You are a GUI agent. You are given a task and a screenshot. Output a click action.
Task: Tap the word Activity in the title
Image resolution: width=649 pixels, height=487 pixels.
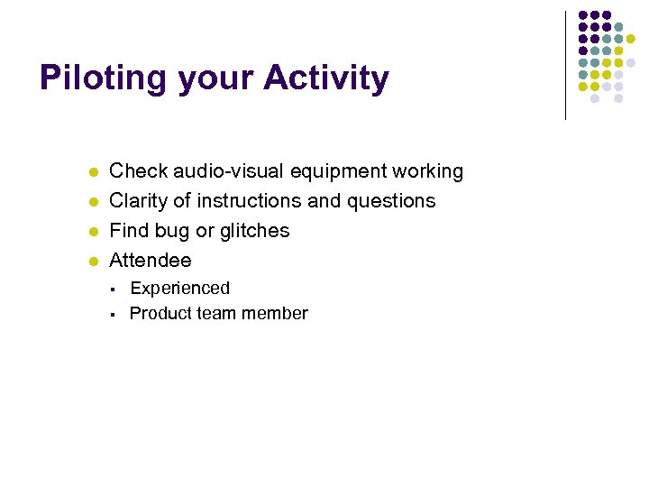tap(326, 79)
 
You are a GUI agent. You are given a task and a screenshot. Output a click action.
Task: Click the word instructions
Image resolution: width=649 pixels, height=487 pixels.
tap(249, 201)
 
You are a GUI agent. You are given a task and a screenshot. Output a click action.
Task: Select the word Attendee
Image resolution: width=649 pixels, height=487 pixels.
tap(151, 261)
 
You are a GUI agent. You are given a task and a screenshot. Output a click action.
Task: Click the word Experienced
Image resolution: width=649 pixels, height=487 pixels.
tap(180, 289)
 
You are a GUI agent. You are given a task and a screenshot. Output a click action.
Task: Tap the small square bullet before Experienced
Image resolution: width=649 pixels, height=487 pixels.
tap(109, 289)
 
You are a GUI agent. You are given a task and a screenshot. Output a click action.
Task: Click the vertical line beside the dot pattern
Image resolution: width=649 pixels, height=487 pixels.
tap(565, 65)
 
